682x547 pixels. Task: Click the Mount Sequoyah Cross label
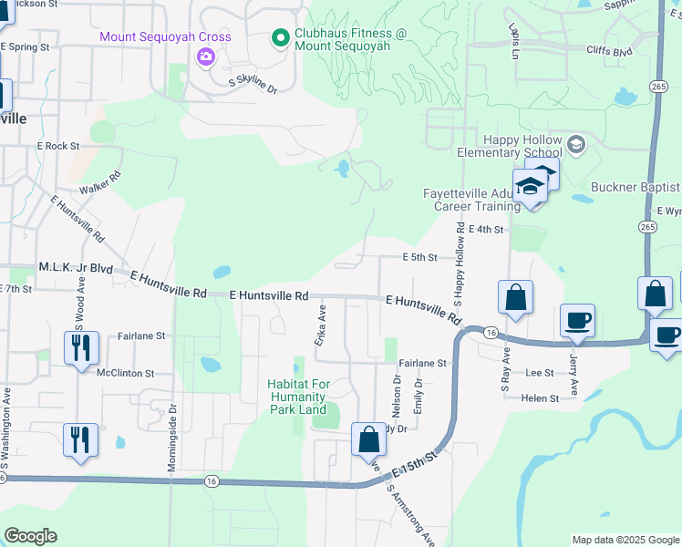[x=165, y=37]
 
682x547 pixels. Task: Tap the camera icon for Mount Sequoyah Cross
[x=205, y=57]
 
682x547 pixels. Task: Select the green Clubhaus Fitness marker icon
[x=280, y=38]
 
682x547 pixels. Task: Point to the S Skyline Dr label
[x=253, y=84]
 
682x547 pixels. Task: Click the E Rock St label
[x=58, y=146]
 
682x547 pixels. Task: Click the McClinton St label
[x=126, y=373]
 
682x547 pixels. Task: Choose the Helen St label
[x=540, y=398]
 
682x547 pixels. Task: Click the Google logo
[x=30, y=536]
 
